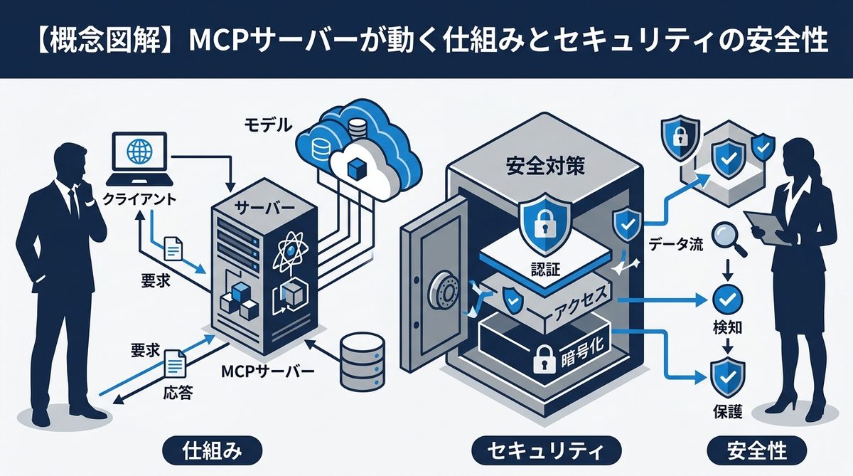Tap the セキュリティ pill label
546,450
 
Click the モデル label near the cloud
268,126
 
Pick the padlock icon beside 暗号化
544,362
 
